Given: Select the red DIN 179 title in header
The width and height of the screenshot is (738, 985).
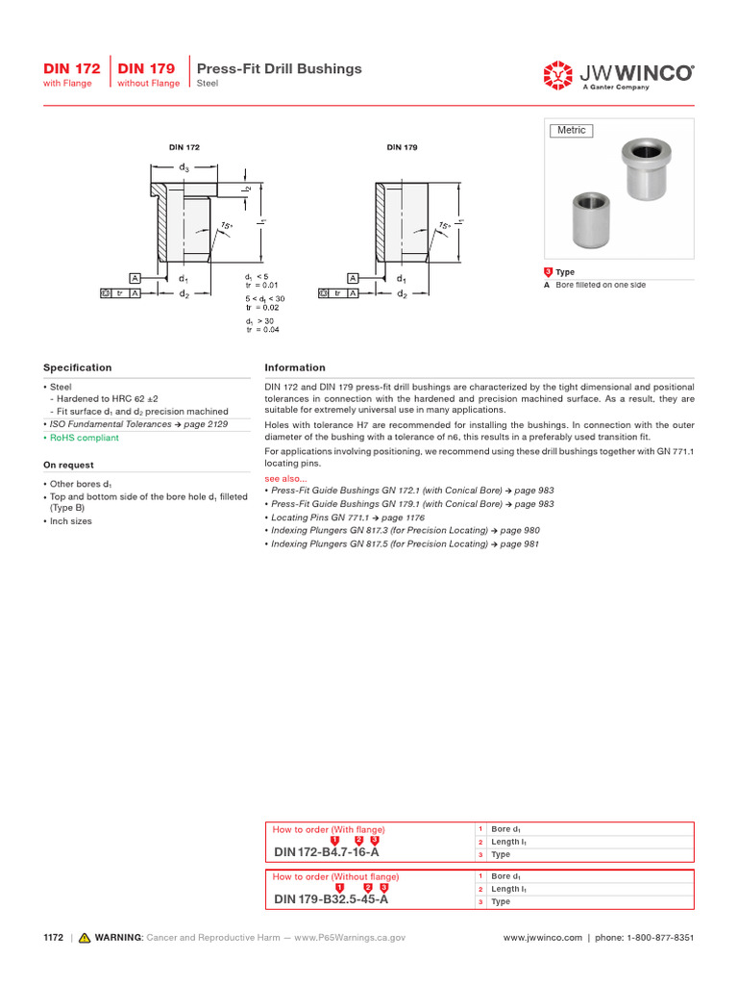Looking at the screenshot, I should click(147, 68).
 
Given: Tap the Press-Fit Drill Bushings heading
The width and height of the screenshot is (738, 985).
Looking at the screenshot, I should click(279, 68).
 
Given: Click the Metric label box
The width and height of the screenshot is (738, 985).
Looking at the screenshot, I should click(571, 131).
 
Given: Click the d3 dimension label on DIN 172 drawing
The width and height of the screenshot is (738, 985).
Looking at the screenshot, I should click(183, 167).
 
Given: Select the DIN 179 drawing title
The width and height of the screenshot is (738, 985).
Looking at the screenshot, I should click(402, 147).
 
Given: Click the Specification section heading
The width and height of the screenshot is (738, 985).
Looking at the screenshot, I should click(77, 367).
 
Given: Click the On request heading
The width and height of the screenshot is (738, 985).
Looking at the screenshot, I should click(68, 465).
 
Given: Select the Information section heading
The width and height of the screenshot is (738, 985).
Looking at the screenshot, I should click(294, 367).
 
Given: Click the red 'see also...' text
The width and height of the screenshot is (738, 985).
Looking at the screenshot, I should click(285, 478).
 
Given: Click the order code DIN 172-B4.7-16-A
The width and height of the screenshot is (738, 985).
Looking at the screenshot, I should click(327, 852).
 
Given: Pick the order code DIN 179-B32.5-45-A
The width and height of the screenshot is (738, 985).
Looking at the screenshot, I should click(331, 899).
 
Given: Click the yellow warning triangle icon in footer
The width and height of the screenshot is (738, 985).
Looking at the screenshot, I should click(85, 937).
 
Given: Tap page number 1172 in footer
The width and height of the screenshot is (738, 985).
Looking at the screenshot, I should click(53, 937).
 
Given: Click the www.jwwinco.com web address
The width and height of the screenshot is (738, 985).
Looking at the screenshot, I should click(543, 937).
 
